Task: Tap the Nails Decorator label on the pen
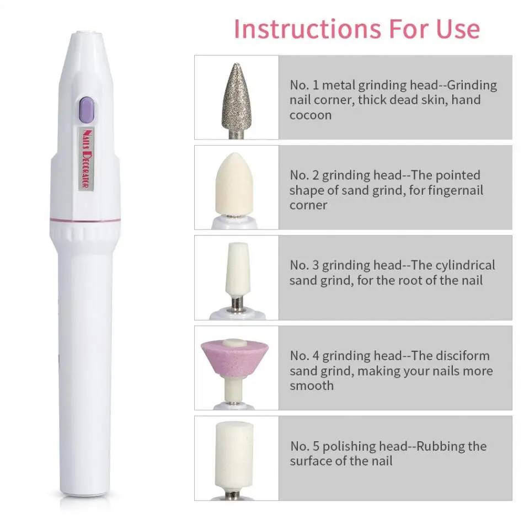(86, 158)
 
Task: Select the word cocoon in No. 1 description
(311, 115)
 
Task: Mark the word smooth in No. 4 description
(312, 386)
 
